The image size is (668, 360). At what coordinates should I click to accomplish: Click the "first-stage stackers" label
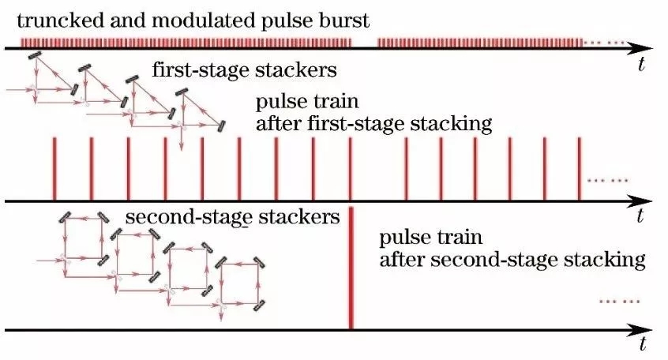245,70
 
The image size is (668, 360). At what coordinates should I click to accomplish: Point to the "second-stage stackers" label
233,215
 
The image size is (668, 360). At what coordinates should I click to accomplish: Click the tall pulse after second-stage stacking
351,268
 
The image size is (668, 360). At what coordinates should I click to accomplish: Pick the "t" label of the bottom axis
643,344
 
